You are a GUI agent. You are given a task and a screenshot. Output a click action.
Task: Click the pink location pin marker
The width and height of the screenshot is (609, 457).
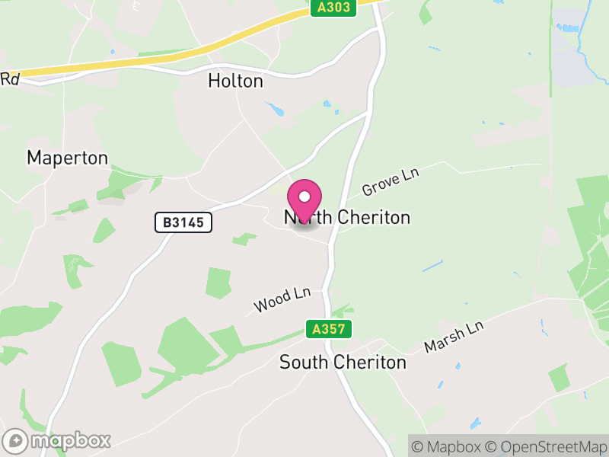[x=304, y=200]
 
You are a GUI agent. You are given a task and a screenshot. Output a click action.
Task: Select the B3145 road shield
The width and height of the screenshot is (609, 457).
[x=183, y=222]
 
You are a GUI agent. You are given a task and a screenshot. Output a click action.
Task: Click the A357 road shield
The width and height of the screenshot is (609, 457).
[x=330, y=329]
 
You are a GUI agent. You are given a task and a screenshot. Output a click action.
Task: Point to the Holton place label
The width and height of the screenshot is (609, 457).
[x=235, y=81]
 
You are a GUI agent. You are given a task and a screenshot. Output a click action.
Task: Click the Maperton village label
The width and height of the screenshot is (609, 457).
[x=67, y=158]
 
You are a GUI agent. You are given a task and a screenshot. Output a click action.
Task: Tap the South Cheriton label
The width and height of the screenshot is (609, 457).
[x=343, y=362]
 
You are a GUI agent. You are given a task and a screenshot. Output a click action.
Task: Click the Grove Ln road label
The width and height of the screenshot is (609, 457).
[x=391, y=183]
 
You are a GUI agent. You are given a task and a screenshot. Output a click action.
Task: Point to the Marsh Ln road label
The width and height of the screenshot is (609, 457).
[x=454, y=336]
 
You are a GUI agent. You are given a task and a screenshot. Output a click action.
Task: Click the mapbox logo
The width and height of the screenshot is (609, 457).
[x=57, y=440]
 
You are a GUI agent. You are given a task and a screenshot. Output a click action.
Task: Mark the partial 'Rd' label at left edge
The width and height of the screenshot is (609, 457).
[x=9, y=78]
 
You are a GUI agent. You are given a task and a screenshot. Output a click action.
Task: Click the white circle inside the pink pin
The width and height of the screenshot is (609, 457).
[x=304, y=197]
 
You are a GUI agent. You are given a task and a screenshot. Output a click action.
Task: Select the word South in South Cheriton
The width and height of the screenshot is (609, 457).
[x=302, y=362]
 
